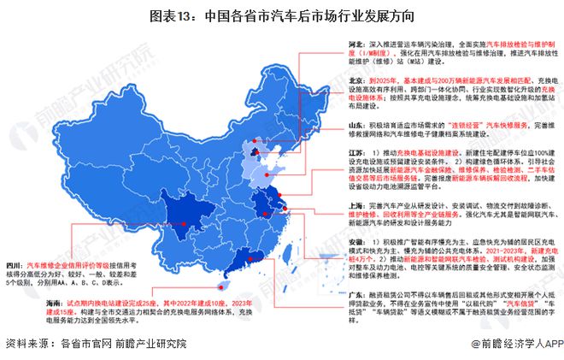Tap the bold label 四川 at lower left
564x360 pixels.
pyautogui.click(x=15, y=265)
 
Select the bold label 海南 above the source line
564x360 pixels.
pyautogui.click(x=15, y=303)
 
